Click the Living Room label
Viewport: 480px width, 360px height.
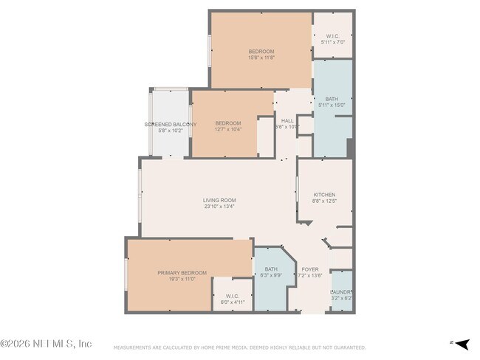[219, 200]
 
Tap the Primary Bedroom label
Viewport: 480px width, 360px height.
[182, 273]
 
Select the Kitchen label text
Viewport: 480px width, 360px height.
[323, 195]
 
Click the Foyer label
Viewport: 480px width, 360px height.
[310, 269]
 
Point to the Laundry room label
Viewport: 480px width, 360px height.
[341, 291]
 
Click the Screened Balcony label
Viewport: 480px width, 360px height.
[171, 124]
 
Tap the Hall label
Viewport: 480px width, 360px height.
[287, 120]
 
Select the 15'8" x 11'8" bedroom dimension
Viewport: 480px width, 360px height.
[261, 58]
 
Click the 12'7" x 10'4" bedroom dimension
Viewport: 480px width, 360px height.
[228, 130]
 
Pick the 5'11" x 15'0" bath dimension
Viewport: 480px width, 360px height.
[332, 105]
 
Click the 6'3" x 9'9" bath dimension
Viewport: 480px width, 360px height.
[271, 276]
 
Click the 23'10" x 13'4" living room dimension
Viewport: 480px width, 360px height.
[219, 207]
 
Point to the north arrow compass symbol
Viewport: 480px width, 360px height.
[460, 343]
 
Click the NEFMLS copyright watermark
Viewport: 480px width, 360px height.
[46, 343]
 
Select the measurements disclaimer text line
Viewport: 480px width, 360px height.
[239, 347]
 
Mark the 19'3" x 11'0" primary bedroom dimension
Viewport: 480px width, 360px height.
[182, 280]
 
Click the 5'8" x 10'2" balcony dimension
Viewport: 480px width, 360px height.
[170, 131]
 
